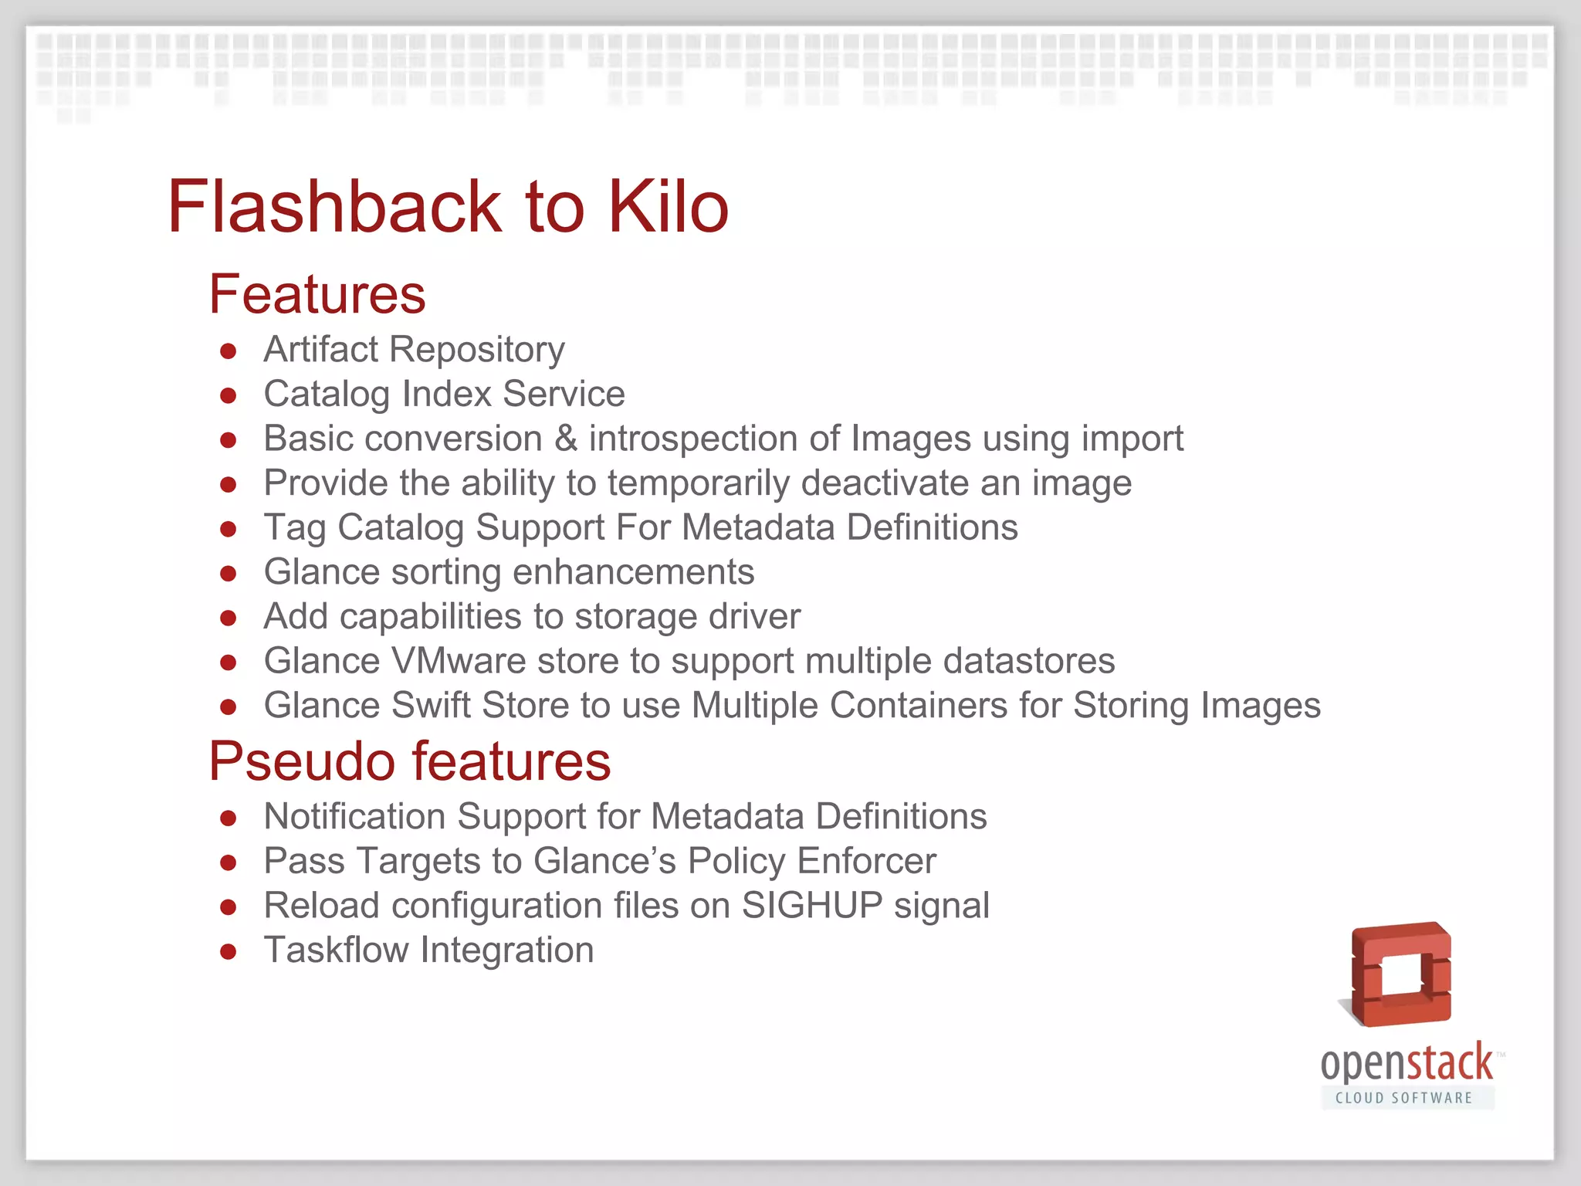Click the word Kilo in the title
point(669,207)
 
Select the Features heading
point(317,294)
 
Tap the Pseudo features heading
point(410,761)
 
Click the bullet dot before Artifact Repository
point(228,351)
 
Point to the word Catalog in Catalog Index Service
point(327,395)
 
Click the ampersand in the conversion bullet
point(566,439)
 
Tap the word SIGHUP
point(811,906)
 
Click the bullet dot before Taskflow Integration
point(228,952)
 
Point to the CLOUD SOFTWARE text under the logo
point(1404,1098)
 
